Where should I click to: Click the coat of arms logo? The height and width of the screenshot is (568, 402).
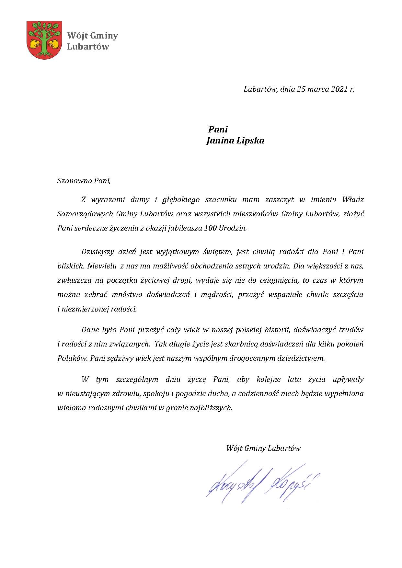[x=44, y=40]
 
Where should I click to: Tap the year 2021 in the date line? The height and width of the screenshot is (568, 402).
[x=339, y=89]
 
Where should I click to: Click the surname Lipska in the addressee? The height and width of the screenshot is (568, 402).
[x=249, y=141]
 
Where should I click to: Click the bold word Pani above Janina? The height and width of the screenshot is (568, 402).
[x=218, y=130]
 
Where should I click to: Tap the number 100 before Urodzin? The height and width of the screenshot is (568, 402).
[x=211, y=228]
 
